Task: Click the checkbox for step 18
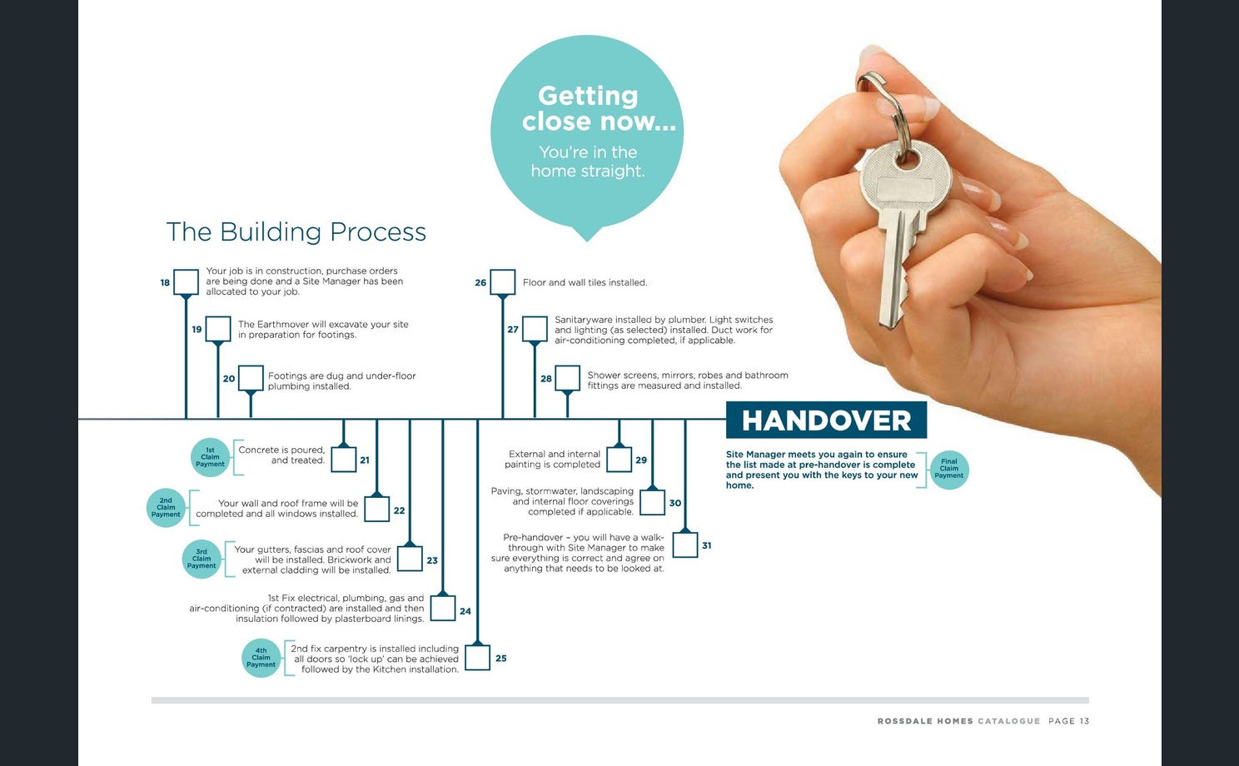point(186,282)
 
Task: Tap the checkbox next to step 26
point(502,282)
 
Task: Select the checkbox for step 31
point(684,545)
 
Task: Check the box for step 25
point(477,658)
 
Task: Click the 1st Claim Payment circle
point(210,457)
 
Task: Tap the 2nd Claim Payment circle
point(166,508)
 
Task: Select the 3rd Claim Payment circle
point(202,560)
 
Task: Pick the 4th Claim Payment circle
point(261,658)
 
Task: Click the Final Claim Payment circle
point(949,470)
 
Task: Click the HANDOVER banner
point(826,420)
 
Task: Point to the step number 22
point(400,510)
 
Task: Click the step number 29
point(641,460)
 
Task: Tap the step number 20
point(229,379)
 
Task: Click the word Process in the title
point(378,231)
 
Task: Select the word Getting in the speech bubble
point(588,97)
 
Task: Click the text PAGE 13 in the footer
point(1068,721)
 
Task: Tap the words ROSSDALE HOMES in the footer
point(925,721)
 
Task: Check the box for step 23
point(410,559)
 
